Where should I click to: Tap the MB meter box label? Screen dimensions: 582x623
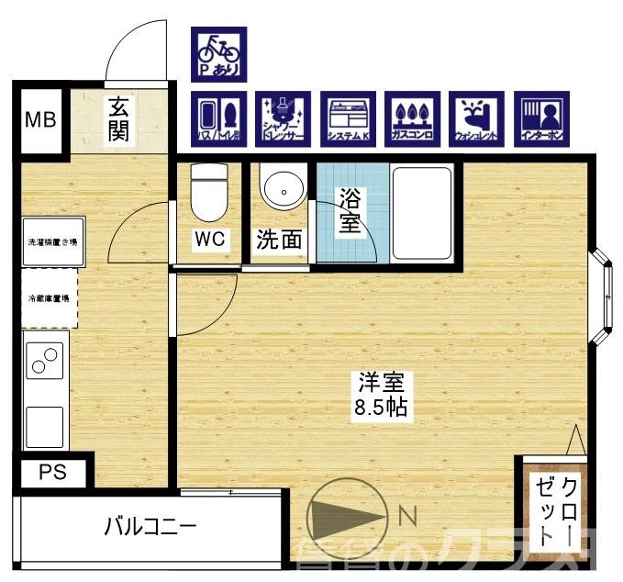[39, 119]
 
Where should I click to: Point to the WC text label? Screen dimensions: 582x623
[210, 240]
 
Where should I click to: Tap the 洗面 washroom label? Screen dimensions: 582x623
[279, 241]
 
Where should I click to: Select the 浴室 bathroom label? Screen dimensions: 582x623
[349, 210]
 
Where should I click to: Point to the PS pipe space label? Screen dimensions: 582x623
[52, 474]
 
